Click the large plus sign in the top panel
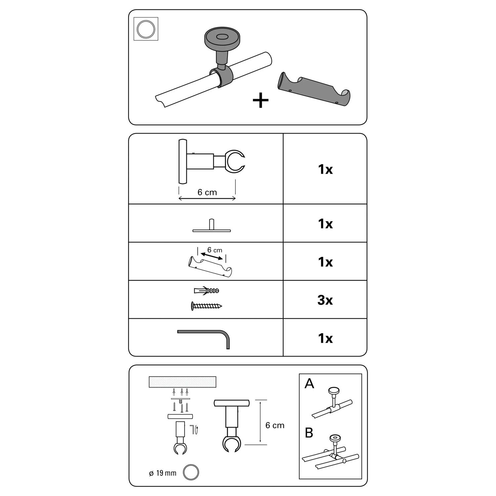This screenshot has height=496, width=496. pos(261,100)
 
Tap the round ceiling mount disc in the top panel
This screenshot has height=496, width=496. pos(222,38)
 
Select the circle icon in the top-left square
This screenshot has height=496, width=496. pos(146,29)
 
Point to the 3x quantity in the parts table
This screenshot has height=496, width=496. pos(325,300)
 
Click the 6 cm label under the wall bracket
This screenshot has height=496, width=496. pos(207,192)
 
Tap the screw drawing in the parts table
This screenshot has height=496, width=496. pos(206,306)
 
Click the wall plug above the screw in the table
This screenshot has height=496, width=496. pos(206,291)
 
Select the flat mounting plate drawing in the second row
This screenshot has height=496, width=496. pos(212,226)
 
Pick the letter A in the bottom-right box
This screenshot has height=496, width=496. pos(309,384)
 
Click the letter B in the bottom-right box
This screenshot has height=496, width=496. pos(309,433)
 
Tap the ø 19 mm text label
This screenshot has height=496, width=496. pos(162,473)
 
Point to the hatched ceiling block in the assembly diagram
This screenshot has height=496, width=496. pos(183,382)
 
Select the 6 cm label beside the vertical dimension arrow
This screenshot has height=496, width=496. pos(275,425)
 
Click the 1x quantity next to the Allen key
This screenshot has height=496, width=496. pos(325,338)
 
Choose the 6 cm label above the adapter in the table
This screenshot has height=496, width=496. pos(215,250)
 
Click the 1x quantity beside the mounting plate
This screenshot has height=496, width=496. pos(325,224)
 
